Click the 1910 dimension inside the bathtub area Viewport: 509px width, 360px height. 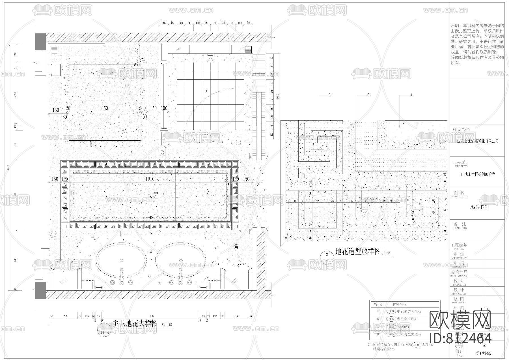[x=150, y=179]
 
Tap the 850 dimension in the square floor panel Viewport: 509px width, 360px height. [x=104, y=108]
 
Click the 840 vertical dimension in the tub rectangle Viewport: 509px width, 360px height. [x=156, y=195]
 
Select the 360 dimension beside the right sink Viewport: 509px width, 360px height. [x=236, y=246]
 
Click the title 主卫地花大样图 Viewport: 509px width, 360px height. [x=135, y=323]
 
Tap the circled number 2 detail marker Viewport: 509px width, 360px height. [x=327, y=254]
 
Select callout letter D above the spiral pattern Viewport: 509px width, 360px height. [x=330, y=95]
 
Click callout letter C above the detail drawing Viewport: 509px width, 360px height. [x=368, y=95]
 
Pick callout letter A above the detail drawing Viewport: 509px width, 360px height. [x=411, y=95]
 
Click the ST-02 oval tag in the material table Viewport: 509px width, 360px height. [x=391, y=319]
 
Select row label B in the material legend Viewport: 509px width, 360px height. [x=378, y=319]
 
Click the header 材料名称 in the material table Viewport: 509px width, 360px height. [x=400, y=304]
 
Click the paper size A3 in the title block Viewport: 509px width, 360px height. [x=485, y=345]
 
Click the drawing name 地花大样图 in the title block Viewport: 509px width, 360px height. [x=479, y=207]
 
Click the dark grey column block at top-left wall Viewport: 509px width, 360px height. [x=40, y=42]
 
